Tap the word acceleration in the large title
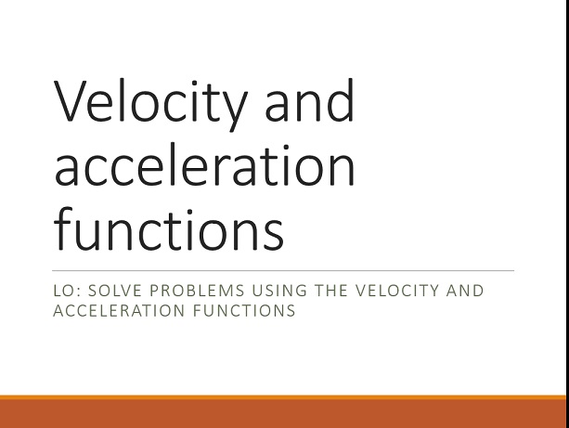(x=204, y=164)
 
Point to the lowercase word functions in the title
(x=169, y=228)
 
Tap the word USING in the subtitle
(x=279, y=291)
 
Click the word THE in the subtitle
(x=331, y=291)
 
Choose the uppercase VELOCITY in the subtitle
(x=397, y=291)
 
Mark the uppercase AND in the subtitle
(x=465, y=291)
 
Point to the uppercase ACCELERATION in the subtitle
(x=119, y=311)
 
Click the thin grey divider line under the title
(x=283, y=270)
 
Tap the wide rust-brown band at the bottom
(x=283, y=414)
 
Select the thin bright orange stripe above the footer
(x=283, y=397)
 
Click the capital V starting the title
(x=71, y=100)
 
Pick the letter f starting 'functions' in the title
(x=63, y=228)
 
